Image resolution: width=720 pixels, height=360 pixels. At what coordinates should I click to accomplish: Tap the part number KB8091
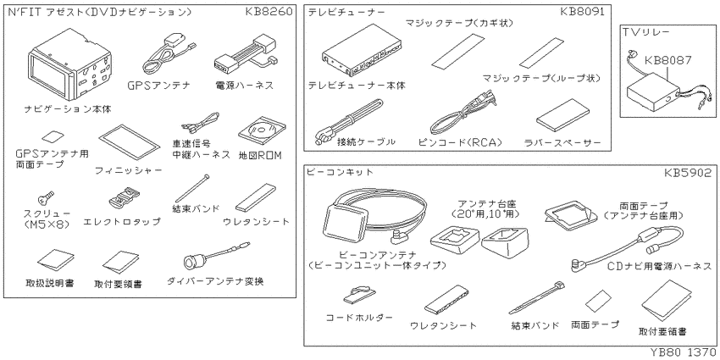pos(583,14)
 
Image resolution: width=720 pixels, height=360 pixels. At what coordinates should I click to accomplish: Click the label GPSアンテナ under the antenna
pos(158,86)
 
